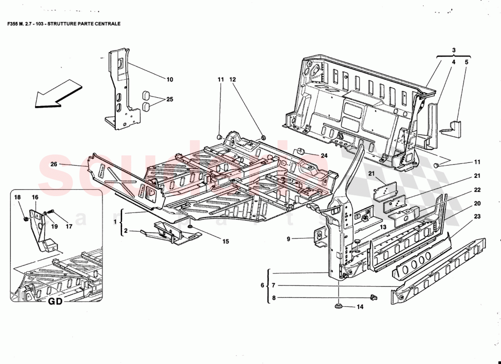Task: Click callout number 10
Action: pos(169,80)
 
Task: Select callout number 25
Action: pos(169,99)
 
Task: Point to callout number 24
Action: pos(324,156)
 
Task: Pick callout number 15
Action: pos(226,242)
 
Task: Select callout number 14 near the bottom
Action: pos(360,307)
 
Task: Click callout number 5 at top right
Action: pos(466,62)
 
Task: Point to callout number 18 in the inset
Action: pos(17,197)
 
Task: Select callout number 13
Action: pos(383,227)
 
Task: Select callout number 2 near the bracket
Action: pos(121,231)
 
